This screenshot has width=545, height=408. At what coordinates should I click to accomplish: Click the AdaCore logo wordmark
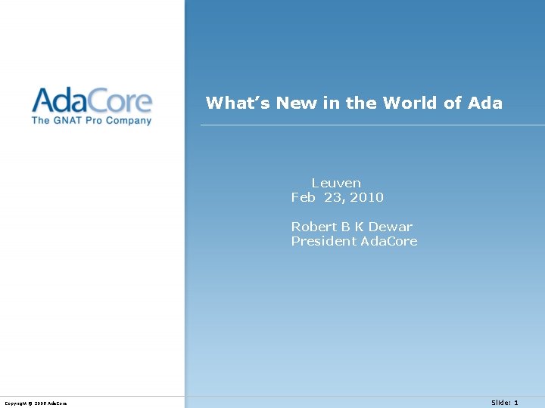pos(92,100)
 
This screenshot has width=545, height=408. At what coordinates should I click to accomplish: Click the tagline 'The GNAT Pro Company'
pos(92,120)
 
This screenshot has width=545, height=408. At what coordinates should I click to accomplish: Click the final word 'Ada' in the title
pos(485,103)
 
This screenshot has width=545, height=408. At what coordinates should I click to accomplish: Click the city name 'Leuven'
pos(336,183)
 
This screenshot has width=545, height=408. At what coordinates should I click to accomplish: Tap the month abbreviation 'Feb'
pos(304,197)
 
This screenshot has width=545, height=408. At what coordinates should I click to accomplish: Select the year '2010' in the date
pos(366,197)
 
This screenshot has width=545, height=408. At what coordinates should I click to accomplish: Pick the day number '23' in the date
pos(332,197)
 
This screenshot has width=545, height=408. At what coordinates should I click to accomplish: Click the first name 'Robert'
pos(314,227)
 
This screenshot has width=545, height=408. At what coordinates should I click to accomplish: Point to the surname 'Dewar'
pos(391,227)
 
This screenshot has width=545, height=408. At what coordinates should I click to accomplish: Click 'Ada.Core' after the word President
pos(389,241)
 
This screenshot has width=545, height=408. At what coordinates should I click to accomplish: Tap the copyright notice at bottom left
pos(36,403)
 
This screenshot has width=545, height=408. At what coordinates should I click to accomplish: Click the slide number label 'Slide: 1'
pos(505,403)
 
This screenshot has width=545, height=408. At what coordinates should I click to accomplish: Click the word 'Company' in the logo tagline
pos(129,120)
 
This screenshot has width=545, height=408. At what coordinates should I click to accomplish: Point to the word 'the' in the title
pos(362,103)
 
